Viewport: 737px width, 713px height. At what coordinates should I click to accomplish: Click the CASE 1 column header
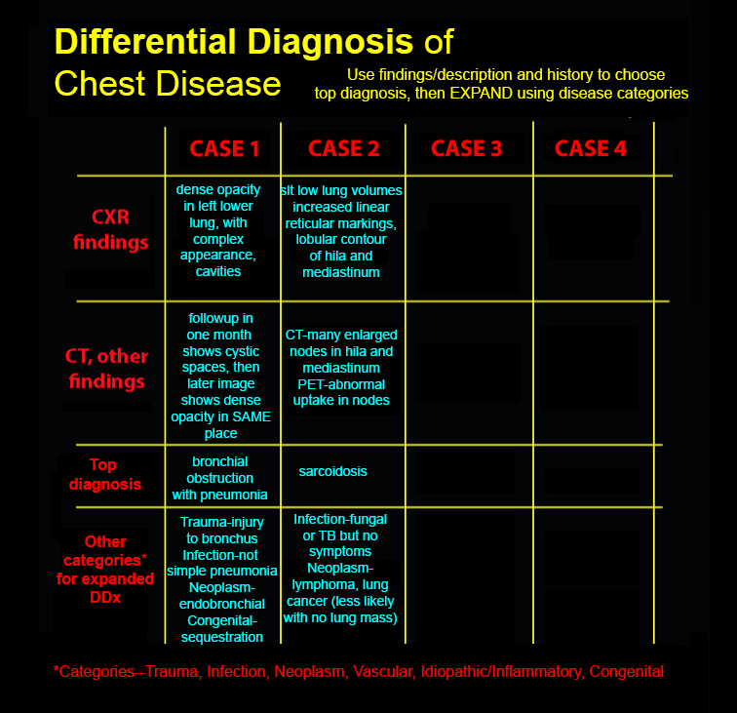(x=224, y=149)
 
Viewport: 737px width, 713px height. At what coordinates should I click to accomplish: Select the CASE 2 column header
(x=343, y=148)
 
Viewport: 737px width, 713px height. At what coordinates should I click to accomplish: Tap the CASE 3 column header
(x=467, y=148)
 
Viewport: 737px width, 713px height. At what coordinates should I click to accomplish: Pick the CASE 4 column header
(x=591, y=148)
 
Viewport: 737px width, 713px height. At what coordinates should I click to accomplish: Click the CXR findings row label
(x=110, y=229)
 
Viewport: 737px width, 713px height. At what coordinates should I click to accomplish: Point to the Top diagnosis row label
(x=105, y=474)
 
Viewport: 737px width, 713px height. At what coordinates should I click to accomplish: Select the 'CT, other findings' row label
(x=106, y=369)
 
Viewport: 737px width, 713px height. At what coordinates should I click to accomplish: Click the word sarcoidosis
(x=332, y=471)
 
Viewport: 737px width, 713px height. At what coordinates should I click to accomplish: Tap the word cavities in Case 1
(x=218, y=271)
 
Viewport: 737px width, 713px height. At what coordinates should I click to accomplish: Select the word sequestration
(x=222, y=637)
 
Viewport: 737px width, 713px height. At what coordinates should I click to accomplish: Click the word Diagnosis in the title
(x=330, y=41)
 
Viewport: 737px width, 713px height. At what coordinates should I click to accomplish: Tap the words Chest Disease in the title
(x=168, y=84)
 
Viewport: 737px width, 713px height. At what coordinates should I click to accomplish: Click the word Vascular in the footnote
(x=383, y=672)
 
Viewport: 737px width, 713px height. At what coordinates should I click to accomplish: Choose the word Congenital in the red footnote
(x=627, y=672)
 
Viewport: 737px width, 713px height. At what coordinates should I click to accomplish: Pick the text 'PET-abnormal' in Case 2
(x=341, y=384)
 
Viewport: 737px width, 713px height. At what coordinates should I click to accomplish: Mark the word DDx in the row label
(x=105, y=597)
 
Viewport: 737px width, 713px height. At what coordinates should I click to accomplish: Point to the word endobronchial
(x=222, y=604)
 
